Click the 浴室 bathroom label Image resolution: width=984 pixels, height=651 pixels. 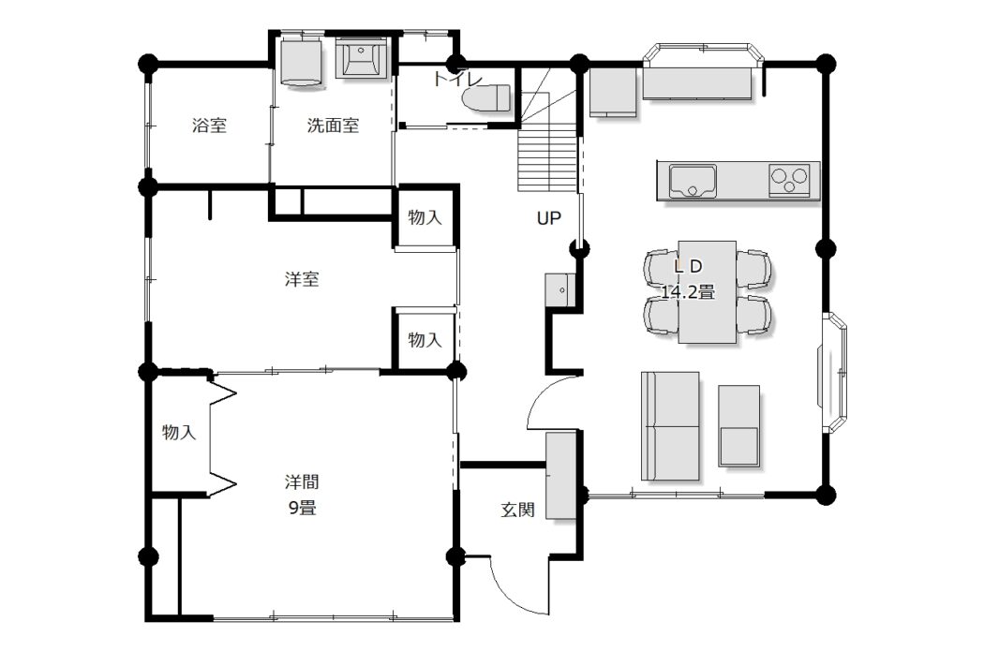point(209,126)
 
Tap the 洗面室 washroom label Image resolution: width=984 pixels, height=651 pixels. point(333,126)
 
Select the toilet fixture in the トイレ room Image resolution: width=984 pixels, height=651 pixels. point(486,97)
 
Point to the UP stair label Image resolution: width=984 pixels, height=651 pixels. point(548,218)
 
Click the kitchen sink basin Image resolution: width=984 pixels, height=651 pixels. point(693,181)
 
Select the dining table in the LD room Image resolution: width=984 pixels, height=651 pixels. point(707,291)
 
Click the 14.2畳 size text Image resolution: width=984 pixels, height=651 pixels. point(688,292)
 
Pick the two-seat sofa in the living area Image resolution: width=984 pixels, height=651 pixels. point(670,426)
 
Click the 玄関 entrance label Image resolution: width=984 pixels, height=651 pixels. point(517,510)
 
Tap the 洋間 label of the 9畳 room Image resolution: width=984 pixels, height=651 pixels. point(302,482)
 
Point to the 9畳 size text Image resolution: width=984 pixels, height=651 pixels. point(302,508)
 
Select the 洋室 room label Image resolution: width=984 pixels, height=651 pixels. point(302,279)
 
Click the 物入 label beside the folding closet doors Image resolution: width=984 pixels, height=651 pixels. point(179,432)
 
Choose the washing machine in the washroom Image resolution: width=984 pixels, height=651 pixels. point(301,62)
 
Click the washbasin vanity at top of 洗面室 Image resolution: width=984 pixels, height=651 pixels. point(363,58)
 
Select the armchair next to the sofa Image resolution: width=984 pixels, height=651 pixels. point(738,425)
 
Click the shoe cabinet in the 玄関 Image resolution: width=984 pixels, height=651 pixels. point(560,476)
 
